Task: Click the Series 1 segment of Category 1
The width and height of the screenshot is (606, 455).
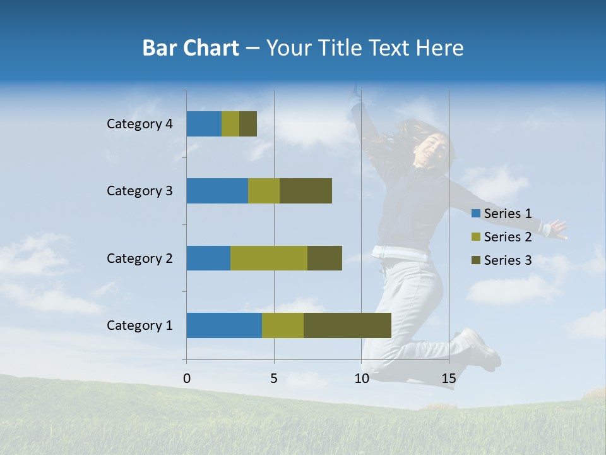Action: (x=224, y=325)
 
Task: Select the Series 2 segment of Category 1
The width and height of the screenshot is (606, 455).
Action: (x=283, y=325)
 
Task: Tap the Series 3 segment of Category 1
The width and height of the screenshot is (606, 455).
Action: (x=347, y=325)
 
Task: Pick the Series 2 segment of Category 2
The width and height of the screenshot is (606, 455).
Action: (x=269, y=258)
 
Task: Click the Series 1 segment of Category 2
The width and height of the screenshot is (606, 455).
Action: (x=208, y=258)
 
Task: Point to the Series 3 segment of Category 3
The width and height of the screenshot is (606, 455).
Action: (x=306, y=191)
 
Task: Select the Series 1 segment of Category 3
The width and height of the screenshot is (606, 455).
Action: (x=217, y=191)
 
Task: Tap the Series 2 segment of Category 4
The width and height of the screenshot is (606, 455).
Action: (x=230, y=124)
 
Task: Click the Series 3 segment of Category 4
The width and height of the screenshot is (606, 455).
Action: (x=248, y=124)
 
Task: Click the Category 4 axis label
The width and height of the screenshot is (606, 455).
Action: (x=140, y=124)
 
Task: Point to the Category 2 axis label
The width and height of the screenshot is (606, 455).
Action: (x=140, y=258)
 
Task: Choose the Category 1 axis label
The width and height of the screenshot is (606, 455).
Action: (x=140, y=325)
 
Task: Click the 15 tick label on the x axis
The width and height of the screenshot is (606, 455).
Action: (x=449, y=379)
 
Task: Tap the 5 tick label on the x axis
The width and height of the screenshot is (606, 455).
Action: (x=274, y=379)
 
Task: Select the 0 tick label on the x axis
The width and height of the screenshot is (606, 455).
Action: (x=187, y=379)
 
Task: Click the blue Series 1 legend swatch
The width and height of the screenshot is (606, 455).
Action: (x=476, y=214)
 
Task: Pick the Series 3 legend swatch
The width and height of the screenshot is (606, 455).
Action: (x=476, y=260)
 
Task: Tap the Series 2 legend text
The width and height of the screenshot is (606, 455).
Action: (x=508, y=237)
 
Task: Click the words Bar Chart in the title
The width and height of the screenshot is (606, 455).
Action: (x=191, y=48)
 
